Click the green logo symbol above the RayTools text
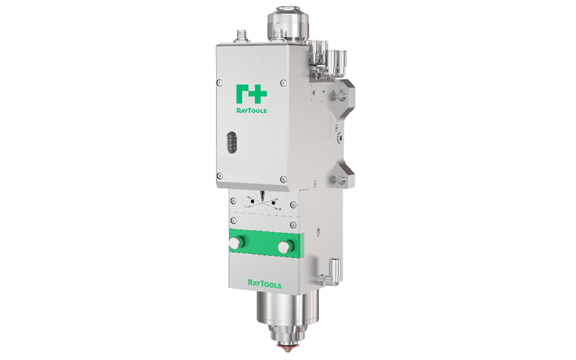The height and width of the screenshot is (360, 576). coord(251,94)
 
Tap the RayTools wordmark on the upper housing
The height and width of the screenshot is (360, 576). coord(251,110)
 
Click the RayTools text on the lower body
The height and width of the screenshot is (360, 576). coord(264,284)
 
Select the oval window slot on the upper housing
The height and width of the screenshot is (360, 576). coord(231,143)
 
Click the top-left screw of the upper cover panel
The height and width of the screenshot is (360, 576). coord(220,83)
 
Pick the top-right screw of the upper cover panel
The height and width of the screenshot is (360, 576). coord(283,83)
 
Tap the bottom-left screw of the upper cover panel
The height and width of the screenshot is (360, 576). coord(220,176)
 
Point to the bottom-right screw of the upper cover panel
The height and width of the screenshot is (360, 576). coord(283,179)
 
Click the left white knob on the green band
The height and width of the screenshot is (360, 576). coord(235,243)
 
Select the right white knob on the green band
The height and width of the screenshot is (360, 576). coord(285,246)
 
